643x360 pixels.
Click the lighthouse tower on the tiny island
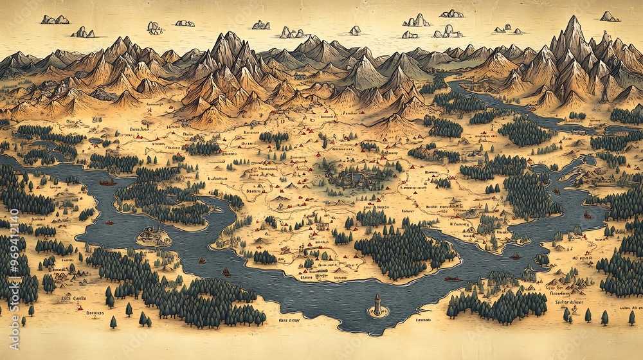click(376, 305)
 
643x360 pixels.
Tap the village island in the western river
click(152, 236)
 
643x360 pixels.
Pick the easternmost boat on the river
click(586, 215)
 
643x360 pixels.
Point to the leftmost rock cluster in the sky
click(55, 20)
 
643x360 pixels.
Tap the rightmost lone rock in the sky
click(608, 17)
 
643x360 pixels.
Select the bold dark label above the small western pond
click(98, 120)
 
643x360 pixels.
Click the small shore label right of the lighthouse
click(422, 319)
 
